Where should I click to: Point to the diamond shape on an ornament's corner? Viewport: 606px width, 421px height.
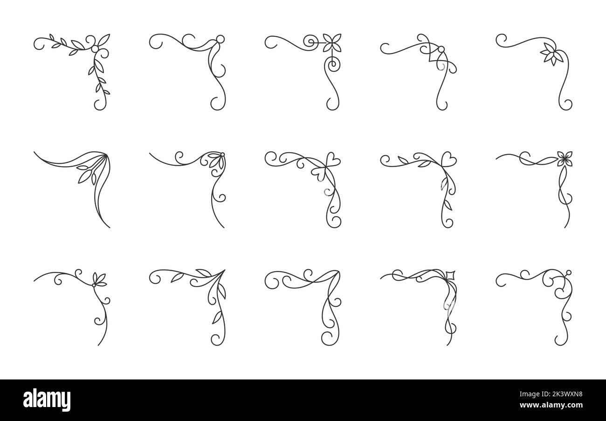tap(450, 274)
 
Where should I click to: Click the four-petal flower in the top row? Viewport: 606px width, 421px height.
tap(332, 43)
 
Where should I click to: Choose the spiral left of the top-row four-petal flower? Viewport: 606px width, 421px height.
tap(310, 42)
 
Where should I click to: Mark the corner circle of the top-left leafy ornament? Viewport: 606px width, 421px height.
tap(95, 49)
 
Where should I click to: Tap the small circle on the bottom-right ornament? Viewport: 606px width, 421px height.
tap(568, 273)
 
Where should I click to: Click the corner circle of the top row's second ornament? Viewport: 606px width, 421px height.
tap(220, 38)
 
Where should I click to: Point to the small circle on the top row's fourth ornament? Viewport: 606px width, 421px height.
tap(441, 49)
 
